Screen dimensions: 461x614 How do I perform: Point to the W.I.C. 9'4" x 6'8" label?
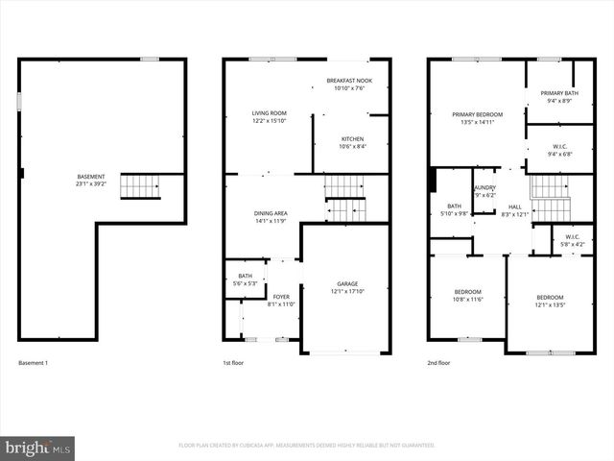[x=558, y=151]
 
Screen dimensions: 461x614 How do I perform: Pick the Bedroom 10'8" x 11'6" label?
[x=468, y=296]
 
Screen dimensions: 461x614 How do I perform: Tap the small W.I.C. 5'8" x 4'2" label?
[x=573, y=241]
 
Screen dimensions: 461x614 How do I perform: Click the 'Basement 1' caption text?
[x=34, y=363]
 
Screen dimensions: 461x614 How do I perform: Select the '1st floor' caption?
[x=235, y=363]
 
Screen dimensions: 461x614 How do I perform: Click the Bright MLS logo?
[x=38, y=448]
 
